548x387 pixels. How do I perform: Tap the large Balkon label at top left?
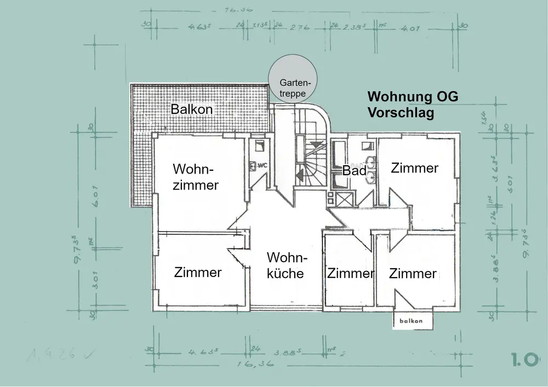191,109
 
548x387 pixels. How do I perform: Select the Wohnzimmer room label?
196,176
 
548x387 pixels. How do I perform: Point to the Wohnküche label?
285,265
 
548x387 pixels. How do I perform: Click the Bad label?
354,170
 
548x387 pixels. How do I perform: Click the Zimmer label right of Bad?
415,168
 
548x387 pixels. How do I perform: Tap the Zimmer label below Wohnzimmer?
198,272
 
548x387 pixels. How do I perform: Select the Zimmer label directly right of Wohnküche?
350,273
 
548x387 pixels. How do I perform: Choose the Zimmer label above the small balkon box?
413,273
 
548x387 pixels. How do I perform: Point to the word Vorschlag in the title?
401,113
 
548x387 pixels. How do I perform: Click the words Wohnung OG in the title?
413,97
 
